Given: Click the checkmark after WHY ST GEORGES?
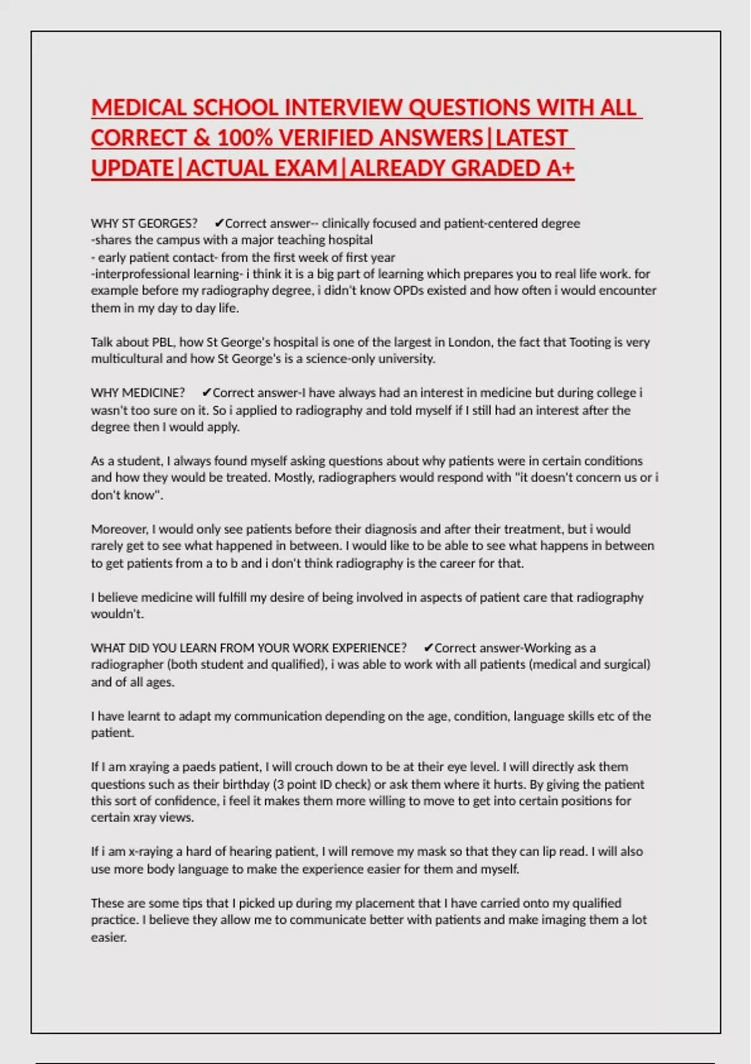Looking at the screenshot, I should [218, 223].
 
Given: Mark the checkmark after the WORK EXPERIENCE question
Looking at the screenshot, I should [428, 648].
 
